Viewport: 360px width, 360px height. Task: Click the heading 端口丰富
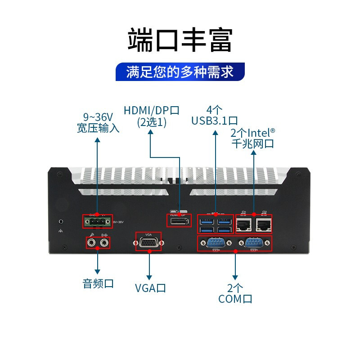coord(180,40)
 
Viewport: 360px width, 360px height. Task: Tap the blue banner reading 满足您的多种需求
coord(180,72)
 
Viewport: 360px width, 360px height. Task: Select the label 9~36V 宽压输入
coord(98,122)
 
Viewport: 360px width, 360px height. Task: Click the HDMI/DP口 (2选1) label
coord(152,116)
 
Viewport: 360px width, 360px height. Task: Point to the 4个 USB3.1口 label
coord(215,115)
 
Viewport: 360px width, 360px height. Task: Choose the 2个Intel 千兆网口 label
coord(252,138)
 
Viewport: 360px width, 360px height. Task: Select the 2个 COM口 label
coord(235,293)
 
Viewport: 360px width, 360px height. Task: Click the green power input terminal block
coord(96,222)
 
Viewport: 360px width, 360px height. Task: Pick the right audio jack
coord(104,243)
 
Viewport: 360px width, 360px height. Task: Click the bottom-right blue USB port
coord(225,229)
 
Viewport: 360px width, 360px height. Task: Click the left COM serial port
coord(214,243)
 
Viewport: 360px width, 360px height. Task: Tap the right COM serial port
coord(254,243)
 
